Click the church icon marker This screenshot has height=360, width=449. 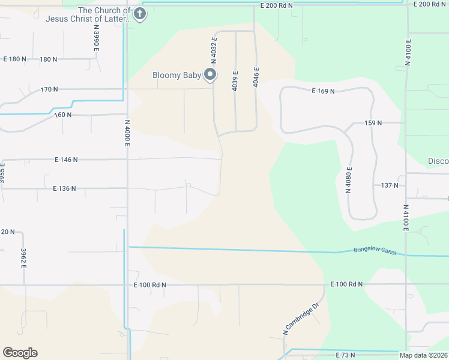pos(140,14)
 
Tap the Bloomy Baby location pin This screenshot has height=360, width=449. pos(210,75)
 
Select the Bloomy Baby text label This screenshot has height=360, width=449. pos(176,76)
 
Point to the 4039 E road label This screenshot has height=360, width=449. pos(235,81)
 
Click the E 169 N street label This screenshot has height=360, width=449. pos(322,91)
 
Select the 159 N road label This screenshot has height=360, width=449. pos(373,123)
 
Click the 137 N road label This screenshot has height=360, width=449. pos(390,185)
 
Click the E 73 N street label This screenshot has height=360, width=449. pos(346,355)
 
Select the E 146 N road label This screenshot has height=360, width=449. pos(66,160)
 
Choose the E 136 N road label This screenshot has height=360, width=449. pos(64,188)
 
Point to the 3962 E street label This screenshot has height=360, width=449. pos(23,258)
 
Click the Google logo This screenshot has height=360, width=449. pos(20,353)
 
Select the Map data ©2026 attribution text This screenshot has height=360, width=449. pos(423,356)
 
